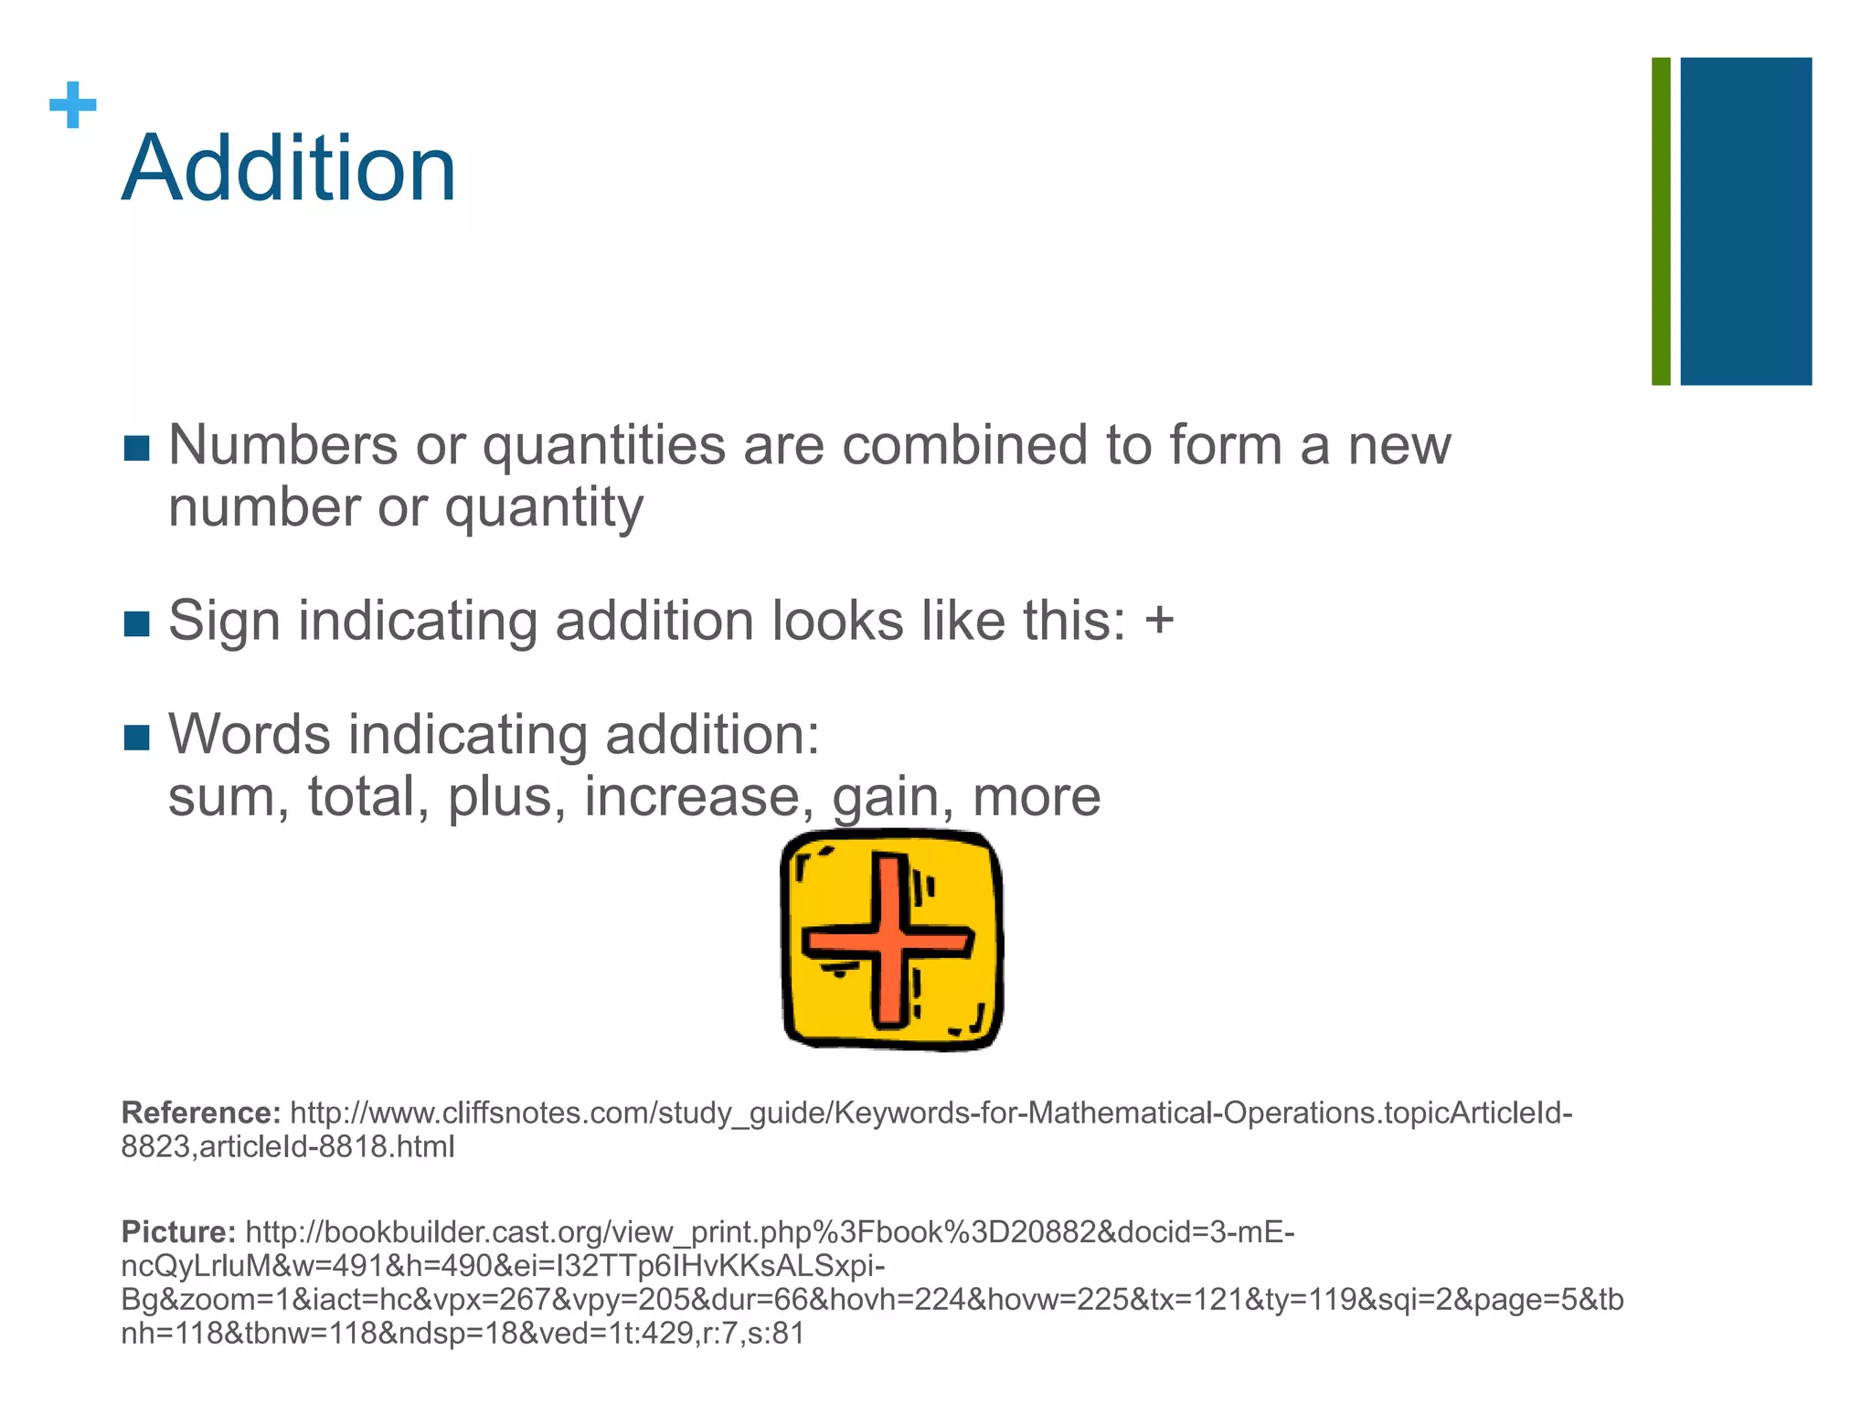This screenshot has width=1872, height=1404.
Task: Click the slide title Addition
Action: [289, 169]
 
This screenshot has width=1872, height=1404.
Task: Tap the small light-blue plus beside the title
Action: [73, 106]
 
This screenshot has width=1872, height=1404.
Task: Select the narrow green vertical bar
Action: [1661, 221]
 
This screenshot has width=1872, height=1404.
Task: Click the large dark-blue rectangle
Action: [1746, 221]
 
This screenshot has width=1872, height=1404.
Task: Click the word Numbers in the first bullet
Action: [282, 445]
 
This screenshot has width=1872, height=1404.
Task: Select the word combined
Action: [964, 445]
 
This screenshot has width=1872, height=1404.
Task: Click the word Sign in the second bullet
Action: [225, 621]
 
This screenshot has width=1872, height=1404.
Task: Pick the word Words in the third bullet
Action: [250, 734]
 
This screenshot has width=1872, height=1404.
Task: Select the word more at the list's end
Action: [1036, 796]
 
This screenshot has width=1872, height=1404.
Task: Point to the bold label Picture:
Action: [179, 1232]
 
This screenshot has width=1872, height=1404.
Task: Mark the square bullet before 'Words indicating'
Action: [136, 737]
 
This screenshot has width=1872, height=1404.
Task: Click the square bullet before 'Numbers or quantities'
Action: [136, 448]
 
